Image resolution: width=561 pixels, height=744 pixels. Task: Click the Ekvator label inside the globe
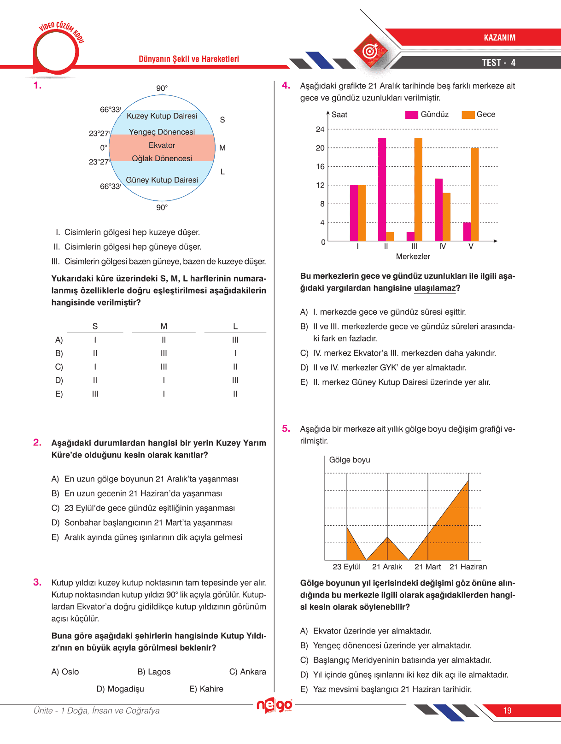coord(162,145)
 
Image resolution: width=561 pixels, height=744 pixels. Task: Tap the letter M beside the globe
coord(222,148)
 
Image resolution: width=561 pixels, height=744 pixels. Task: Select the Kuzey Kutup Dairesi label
coord(162,116)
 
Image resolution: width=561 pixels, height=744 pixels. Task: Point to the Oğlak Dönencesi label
coord(162,158)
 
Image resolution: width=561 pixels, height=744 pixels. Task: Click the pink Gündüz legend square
coord(411,115)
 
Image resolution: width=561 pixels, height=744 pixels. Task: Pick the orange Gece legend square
coord(468,115)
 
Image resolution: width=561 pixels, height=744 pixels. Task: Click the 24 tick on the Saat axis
coord(320,129)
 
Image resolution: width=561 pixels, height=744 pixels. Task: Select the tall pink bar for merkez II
coord(382,189)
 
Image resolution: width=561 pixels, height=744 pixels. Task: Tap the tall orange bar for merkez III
coord(418,189)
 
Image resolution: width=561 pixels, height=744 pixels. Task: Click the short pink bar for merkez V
coord(467,232)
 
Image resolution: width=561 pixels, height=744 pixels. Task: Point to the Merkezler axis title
coord(413,257)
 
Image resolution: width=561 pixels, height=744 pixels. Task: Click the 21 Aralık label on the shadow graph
coord(387,567)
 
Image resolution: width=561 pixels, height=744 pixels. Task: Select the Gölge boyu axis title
coord(350,460)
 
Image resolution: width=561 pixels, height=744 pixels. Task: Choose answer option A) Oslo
coord(65,672)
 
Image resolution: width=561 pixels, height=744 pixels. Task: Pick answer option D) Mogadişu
coord(120,689)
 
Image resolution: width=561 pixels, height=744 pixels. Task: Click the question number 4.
coord(286,86)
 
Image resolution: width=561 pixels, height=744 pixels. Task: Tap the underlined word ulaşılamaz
coord(435,288)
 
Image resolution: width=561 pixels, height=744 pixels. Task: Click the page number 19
coord(507,710)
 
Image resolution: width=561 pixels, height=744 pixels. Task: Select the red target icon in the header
coord(370,51)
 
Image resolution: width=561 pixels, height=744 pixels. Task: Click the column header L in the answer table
coord(235,326)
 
